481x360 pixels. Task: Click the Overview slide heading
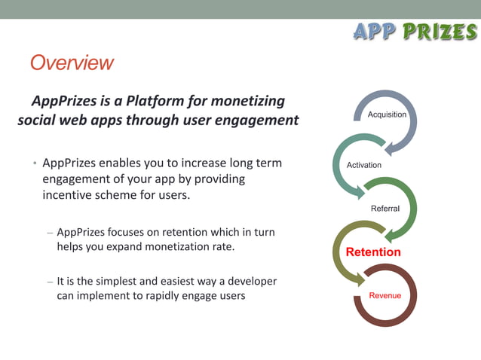(72, 63)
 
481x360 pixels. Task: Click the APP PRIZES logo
(415, 32)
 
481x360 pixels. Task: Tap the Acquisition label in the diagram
(387, 114)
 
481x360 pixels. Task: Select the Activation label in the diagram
(364, 165)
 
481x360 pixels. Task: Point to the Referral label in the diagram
(385, 209)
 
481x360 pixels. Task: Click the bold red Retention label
(373, 252)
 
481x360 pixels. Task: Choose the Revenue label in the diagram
(384, 295)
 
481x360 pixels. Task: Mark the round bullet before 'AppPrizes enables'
(34, 163)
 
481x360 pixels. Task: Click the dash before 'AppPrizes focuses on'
(50, 233)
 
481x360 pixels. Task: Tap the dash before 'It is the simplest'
(50, 282)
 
